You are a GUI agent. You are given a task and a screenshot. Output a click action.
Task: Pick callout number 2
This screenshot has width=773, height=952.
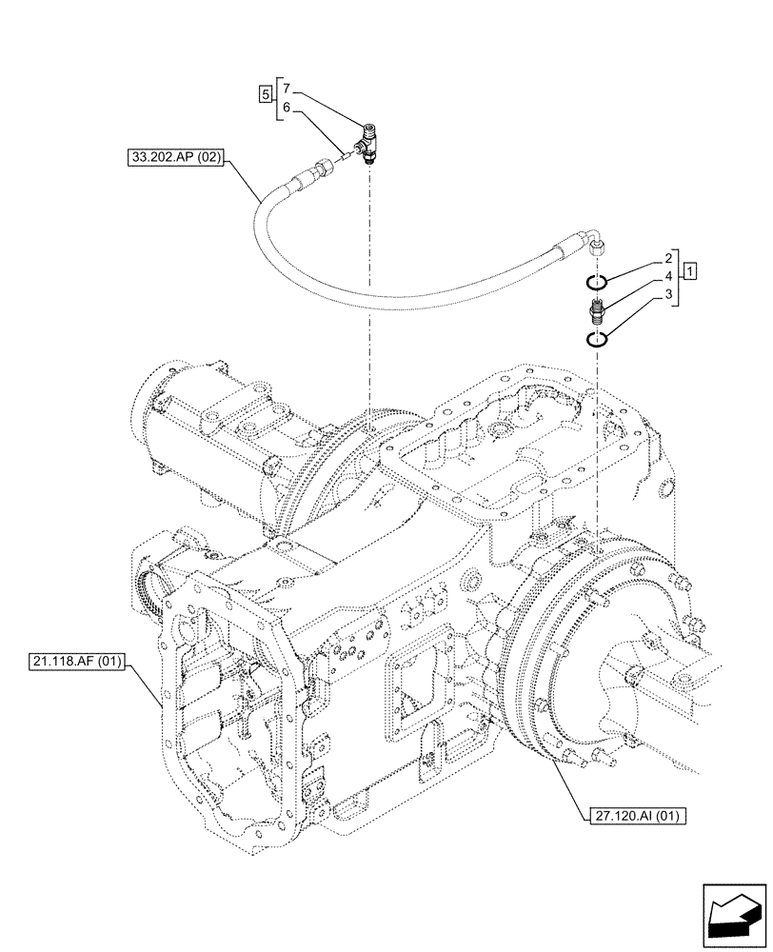[669, 258]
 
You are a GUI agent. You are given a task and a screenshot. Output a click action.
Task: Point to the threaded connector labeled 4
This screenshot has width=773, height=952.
[595, 309]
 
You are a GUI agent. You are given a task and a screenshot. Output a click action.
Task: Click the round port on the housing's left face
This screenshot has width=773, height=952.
[153, 585]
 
